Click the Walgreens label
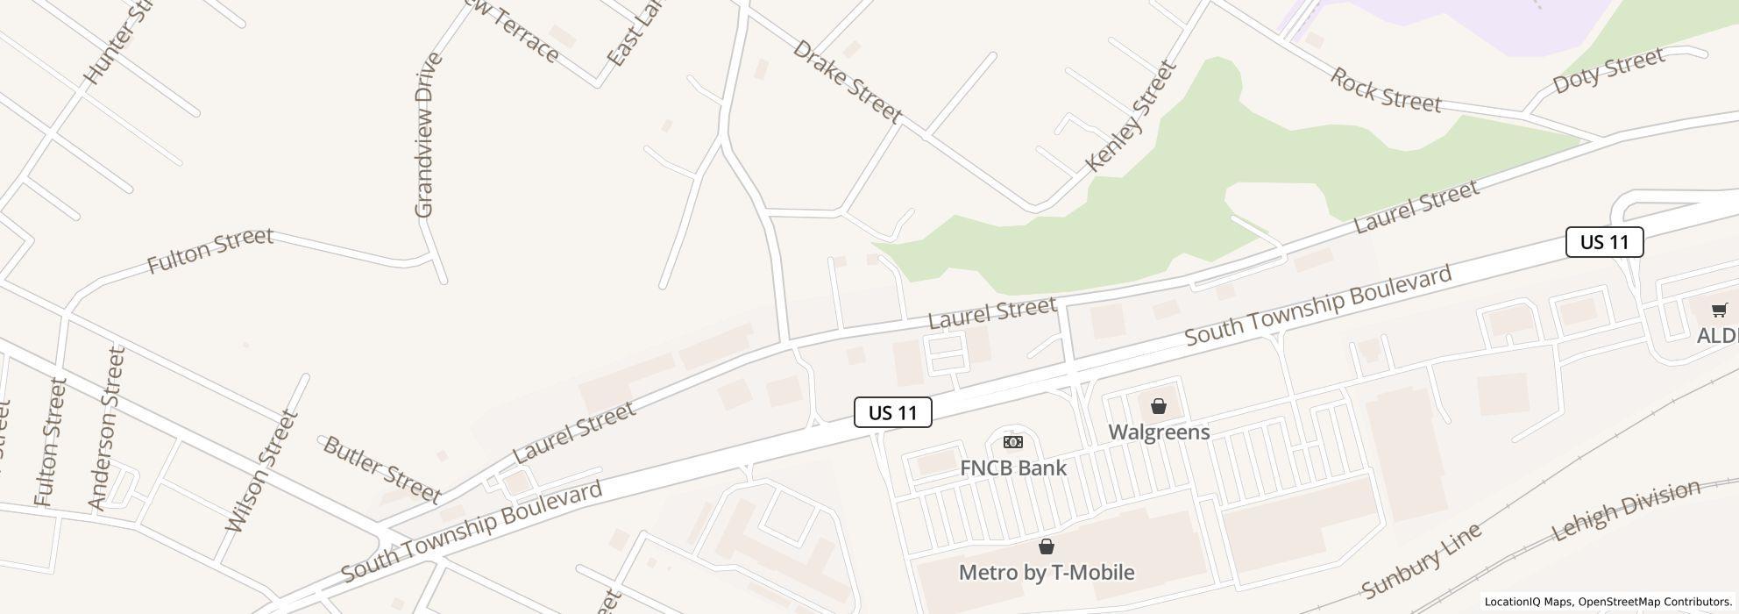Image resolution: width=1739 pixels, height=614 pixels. pos(1159,432)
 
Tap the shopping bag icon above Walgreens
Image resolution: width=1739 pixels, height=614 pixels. pos(1159,406)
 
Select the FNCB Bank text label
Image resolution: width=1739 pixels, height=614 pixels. pos(1013,468)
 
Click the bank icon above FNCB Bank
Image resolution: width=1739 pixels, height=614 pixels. pos(1013,442)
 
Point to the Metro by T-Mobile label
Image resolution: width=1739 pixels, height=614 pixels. pos(1047,572)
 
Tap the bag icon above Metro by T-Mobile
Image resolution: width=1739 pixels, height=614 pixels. pos(1047,547)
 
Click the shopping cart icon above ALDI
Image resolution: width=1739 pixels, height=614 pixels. pos(1719,310)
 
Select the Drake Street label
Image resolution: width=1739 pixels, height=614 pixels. pos(847,81)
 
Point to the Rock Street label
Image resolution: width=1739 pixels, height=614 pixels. pos(1385,90)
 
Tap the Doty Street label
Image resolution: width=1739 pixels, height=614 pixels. pos(1608,71)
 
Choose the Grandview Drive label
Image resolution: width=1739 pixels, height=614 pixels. pos(426,135)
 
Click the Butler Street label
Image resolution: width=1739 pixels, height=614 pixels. pos(382,469)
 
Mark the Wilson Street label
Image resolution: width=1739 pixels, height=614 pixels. pos(262,471)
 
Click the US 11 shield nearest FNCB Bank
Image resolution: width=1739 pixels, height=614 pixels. pos(892,412)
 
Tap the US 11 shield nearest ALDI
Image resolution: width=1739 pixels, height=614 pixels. pos(1604,242)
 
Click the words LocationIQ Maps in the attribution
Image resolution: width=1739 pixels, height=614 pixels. pos(1528,603)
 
